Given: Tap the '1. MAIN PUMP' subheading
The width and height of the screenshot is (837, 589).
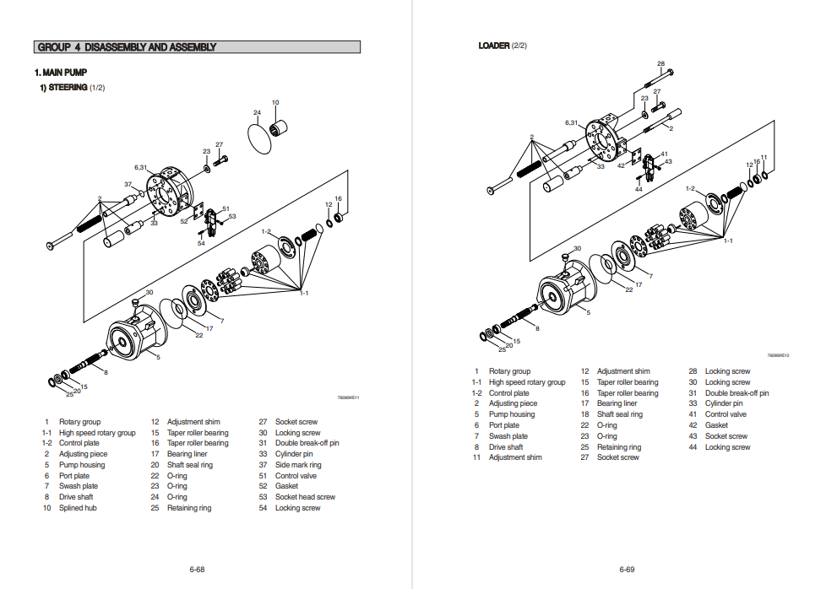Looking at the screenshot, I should (61, 73).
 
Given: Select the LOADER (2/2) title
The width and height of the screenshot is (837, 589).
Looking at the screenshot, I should (503, 46).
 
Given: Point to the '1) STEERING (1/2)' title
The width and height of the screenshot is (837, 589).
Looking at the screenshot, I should (72, 87).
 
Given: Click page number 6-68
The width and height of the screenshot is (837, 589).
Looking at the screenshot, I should (197, 569).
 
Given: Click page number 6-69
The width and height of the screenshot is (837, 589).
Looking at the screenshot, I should (627, 569).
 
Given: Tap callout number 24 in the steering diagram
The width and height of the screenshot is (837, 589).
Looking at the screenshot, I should (257, 112).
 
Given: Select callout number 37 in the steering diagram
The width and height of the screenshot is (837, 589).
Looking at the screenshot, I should (128, 184).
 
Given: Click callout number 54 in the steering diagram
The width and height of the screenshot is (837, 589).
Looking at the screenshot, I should (201, 243).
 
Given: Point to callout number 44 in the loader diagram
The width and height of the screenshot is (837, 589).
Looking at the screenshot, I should (639, 189).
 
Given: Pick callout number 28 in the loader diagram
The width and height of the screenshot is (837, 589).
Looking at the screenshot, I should (660, 64).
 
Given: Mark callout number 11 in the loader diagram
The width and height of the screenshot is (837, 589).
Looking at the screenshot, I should (764, 157).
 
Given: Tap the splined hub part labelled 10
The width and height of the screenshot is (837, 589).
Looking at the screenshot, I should (279, 129).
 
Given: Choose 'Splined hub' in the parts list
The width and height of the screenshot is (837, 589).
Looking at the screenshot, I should (76, 508).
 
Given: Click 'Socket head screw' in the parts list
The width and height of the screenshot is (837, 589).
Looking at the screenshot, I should (305, 497).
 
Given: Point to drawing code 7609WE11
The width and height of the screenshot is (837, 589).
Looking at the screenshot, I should (348, 397).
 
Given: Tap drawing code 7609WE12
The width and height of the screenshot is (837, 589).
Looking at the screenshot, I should (778, 355).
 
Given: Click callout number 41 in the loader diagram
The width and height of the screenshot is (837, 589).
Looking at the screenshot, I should (664, 154).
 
